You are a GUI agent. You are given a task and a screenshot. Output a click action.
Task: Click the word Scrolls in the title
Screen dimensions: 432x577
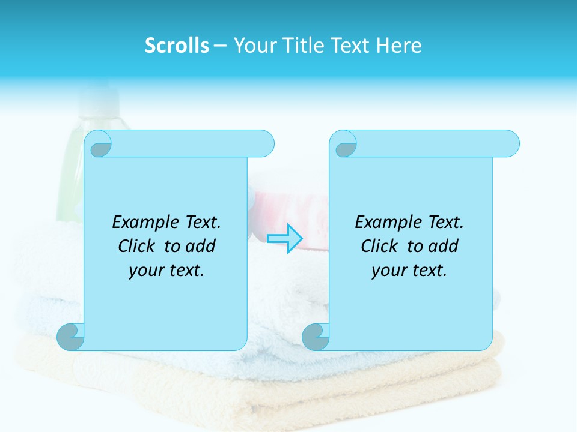point(177,46)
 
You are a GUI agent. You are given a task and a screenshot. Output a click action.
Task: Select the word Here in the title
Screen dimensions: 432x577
point(398,46)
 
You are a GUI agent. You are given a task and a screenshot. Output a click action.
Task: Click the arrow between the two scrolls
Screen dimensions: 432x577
point(285,238)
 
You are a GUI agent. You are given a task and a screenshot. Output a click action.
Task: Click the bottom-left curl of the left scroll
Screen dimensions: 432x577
point(70,337)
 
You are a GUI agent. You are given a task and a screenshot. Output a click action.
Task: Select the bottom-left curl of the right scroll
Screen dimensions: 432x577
point(315,337)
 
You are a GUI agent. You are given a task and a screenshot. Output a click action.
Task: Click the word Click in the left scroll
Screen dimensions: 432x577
point(137,247)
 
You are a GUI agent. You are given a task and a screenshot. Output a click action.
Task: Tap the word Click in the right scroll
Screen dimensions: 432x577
point(379,247)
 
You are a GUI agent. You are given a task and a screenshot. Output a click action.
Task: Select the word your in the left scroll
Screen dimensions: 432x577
point(145,271)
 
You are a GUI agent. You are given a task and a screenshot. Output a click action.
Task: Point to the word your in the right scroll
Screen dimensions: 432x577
point(388,271)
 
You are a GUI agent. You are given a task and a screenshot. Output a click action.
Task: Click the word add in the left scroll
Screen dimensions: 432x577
point(201,247)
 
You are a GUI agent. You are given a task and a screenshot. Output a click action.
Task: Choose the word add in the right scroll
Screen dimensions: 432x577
point(444,247)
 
